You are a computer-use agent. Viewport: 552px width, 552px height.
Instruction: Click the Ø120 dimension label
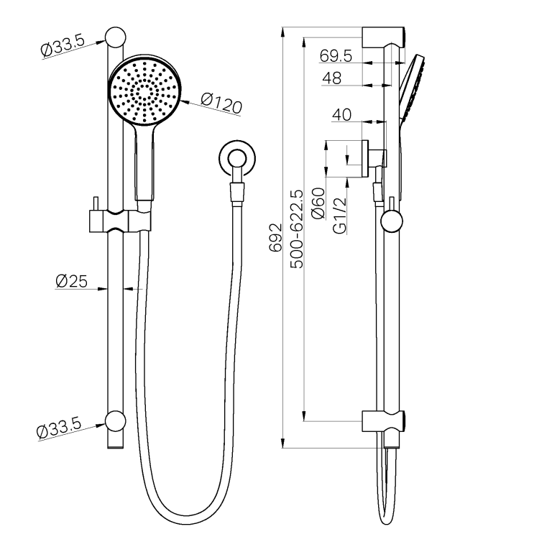(221, 103)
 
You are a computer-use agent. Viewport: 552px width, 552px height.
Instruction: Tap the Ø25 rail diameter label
(71, 281)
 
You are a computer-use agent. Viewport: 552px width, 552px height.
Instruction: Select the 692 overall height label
(276, 237)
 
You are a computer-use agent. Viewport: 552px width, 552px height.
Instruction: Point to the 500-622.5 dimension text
(296, 229)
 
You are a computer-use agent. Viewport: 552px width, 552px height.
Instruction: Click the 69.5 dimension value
(336, 55)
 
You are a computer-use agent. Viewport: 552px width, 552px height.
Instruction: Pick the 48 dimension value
(331, 78)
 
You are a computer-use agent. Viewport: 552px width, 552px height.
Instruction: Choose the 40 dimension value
(341, 114)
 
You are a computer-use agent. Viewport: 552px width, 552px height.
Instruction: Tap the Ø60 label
(318, 203)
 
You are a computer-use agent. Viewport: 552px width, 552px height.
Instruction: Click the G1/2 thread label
(340, 216)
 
